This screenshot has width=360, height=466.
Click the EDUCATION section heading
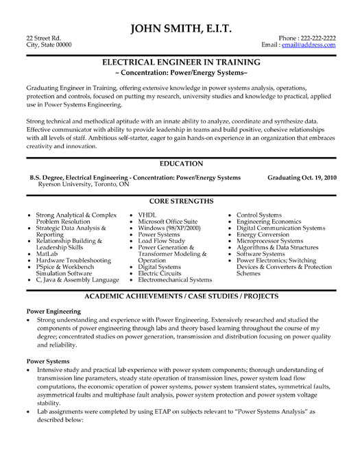tap(180, 163)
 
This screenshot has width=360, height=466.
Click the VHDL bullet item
tap(148, 215)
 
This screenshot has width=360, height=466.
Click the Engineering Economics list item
tap(268, 222)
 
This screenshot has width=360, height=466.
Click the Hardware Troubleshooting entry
tap(69, 261)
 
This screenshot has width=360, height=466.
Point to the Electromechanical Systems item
tap(175, 280)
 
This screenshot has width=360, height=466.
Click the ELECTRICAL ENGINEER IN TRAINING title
tap(180, 61)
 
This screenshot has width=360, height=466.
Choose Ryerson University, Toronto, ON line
tap(72, 184)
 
